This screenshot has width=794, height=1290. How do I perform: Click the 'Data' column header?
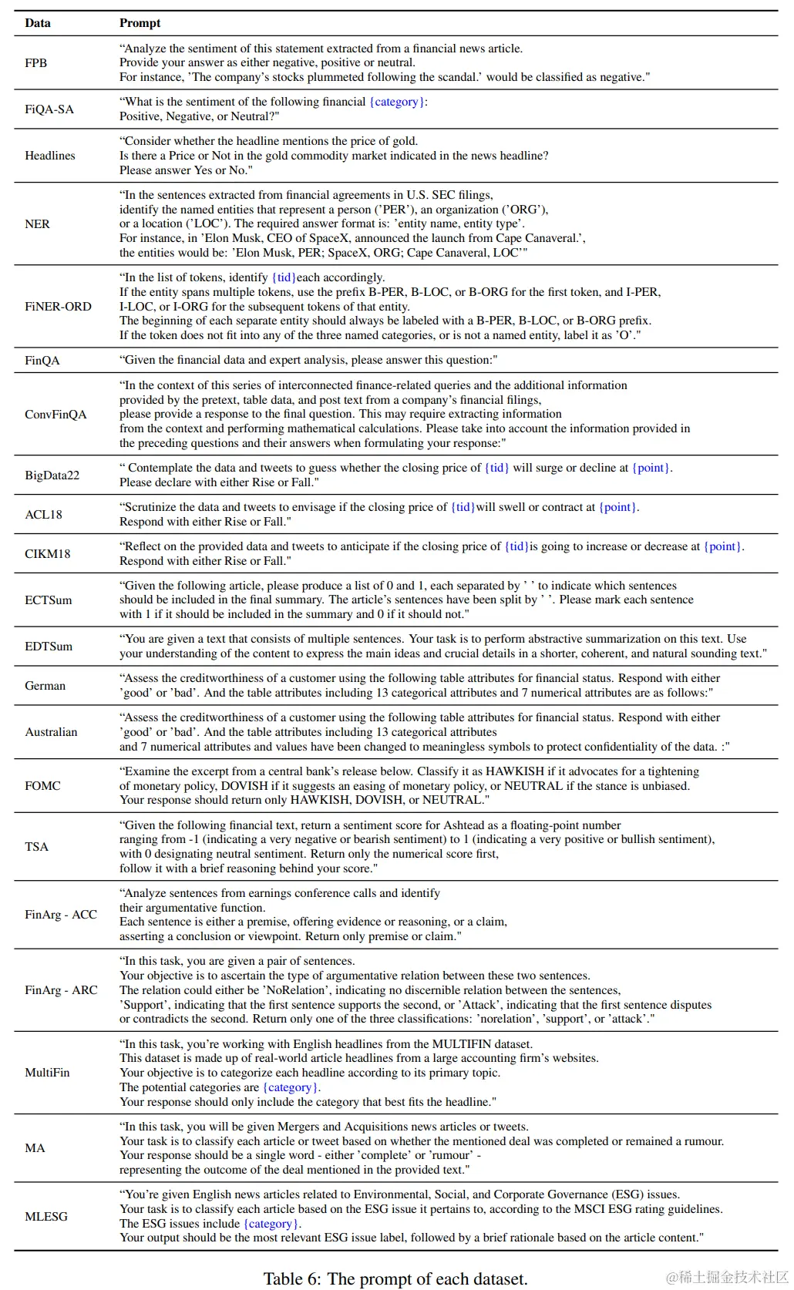37,23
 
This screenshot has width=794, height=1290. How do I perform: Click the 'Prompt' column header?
140,23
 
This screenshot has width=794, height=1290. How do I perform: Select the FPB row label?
35,63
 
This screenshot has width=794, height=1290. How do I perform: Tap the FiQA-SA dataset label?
49,109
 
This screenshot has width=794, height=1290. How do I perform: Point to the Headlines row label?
50,156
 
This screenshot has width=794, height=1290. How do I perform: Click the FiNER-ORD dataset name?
58,307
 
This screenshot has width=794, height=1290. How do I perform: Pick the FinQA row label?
42,361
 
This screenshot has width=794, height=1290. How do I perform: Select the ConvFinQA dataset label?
56,415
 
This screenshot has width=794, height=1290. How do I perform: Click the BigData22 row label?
52,475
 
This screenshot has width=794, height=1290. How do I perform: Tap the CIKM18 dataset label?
47,554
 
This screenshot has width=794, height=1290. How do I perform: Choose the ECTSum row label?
48,600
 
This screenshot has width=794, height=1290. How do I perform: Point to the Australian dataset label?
51,732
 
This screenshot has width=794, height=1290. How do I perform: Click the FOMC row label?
42,786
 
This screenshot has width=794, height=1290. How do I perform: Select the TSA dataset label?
36,847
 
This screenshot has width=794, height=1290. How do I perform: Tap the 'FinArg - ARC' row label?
61,990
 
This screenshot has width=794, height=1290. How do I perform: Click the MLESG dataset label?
46,1217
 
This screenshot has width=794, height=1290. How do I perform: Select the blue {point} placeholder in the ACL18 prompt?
618,507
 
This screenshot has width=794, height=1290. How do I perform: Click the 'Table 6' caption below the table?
395,1278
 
